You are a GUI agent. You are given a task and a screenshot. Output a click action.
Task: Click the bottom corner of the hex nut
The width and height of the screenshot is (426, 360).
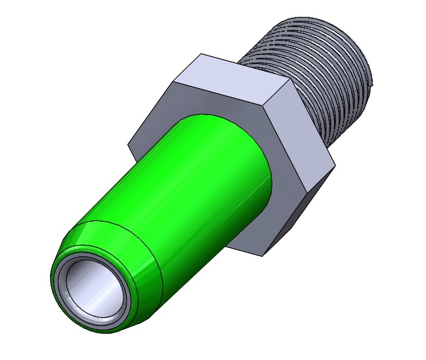(x=263, y=257)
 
